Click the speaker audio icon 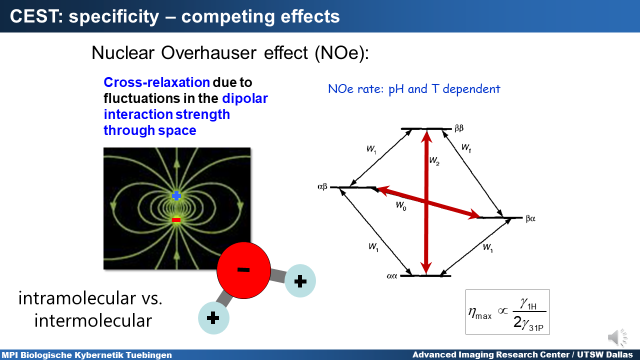[x=617, y=337]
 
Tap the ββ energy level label [x=459, y=128]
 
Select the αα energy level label [x=391, y=276]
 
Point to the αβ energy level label [x=322, y=187]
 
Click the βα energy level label [x=530, y=218]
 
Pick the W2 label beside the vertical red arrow [x=434, y=161]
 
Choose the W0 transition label [x=401, y=205]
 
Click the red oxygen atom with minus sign [x=243, y=270]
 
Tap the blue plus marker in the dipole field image [x=176, y=196]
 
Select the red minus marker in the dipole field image [x=176, y=219]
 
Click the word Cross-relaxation [x=157, y=82]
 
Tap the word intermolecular [x=93, y=320]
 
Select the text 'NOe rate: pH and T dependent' [x=414, y=89]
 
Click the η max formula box [x=507, y=312]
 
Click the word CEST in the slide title [x=34, y=16]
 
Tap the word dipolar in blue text [x=245, y=99]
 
